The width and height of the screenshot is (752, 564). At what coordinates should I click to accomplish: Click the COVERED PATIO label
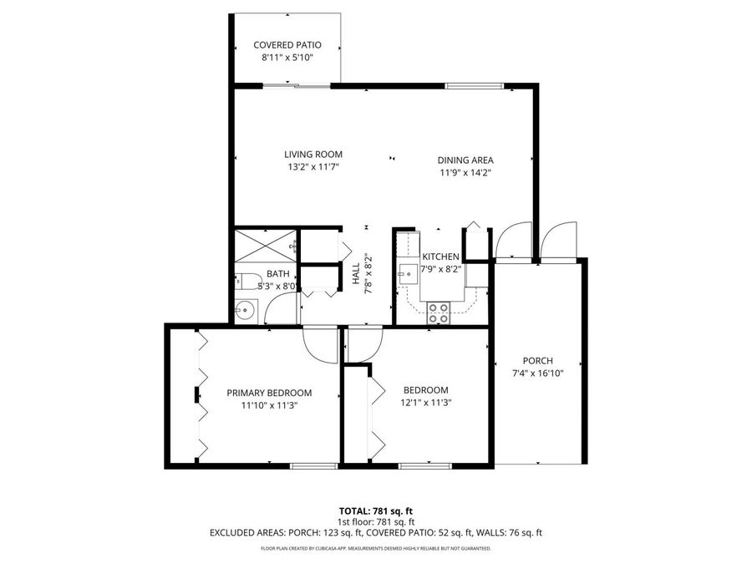[287, 45]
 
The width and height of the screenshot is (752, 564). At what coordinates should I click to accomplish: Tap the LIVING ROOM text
[313, 155]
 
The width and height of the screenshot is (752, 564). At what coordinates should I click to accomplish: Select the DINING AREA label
[465, 160]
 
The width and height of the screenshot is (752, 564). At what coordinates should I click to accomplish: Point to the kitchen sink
[408, 272]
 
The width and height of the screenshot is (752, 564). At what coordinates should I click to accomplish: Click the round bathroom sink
[244, 311]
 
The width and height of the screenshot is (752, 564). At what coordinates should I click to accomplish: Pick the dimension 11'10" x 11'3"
[269, 405]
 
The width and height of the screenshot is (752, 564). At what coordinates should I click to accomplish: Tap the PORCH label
[538, 361]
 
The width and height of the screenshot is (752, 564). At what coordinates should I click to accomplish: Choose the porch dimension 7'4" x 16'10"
[538, 373]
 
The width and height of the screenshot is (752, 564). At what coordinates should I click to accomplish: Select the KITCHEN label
[440, 257]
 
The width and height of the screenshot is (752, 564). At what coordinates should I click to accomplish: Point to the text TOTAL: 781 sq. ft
[375, 511]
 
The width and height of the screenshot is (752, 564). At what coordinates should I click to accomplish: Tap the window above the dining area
[473, 85]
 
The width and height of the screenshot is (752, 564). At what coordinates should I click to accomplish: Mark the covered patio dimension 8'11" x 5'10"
[287, 58]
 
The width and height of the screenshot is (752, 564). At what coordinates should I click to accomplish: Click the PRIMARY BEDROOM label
[269, 393]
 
